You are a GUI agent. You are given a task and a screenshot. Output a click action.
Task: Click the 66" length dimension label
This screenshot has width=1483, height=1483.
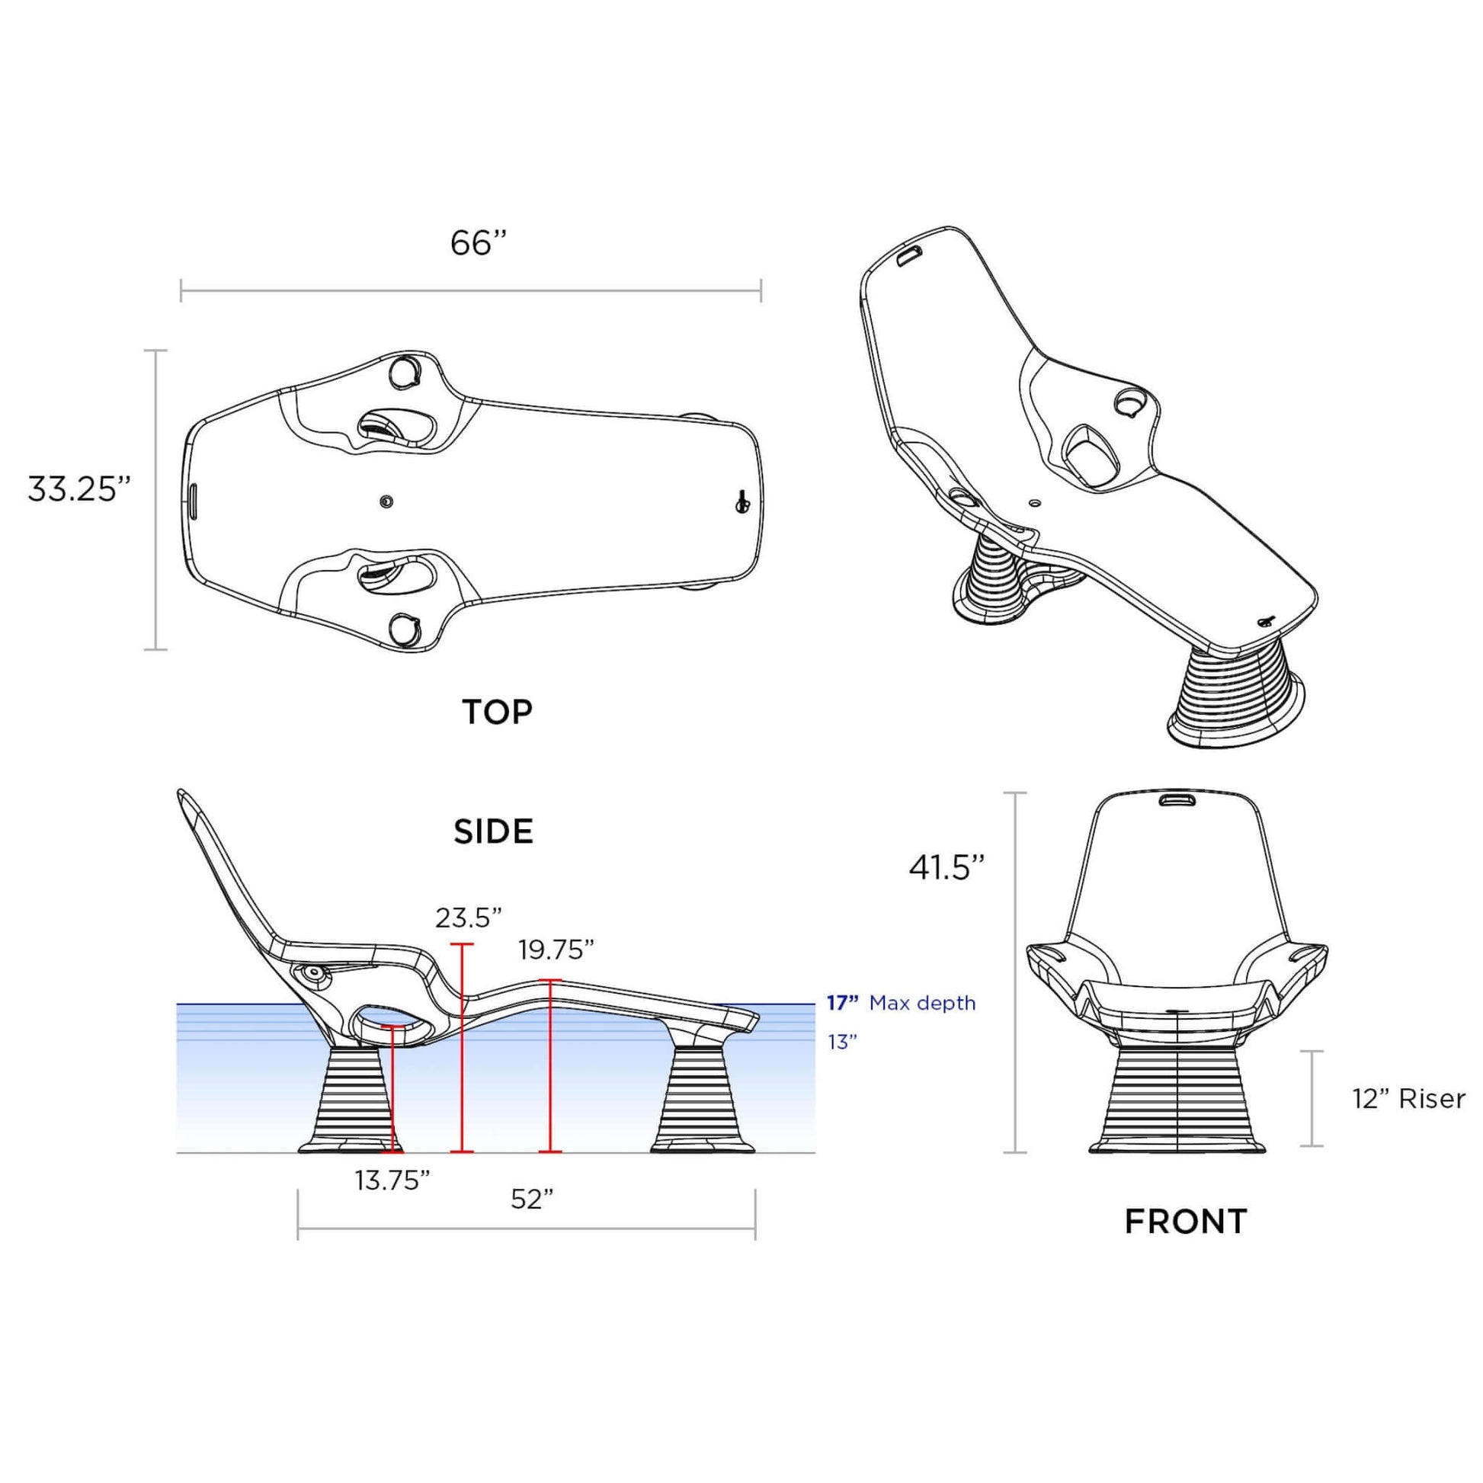pos(479,243)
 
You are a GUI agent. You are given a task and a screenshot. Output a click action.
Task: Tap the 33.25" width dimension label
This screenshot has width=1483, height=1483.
pos(79,489)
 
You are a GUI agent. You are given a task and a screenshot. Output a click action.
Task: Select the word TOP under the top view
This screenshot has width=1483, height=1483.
pos(497,713)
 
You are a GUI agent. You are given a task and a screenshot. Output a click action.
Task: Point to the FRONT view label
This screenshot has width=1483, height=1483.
pos(1185,1222)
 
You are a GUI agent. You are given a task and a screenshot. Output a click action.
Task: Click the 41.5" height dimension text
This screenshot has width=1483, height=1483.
pos(946,867)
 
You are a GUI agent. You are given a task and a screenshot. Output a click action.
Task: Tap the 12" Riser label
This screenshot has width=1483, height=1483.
pos(1408,1099)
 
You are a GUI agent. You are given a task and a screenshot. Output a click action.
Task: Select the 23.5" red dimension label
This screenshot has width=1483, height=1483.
pos(468,918)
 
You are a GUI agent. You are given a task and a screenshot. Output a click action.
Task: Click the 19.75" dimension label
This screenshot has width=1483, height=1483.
pos(556,950)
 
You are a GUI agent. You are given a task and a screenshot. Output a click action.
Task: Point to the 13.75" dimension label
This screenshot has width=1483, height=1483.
pos(392,1180)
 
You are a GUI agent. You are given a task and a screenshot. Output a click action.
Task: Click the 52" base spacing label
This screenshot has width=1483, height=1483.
pos(532,1199)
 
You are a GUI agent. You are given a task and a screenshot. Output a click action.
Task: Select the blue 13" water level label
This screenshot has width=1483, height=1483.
pos(841,1043)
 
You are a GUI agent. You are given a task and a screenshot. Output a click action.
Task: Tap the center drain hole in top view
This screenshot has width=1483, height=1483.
pos(386,502)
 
